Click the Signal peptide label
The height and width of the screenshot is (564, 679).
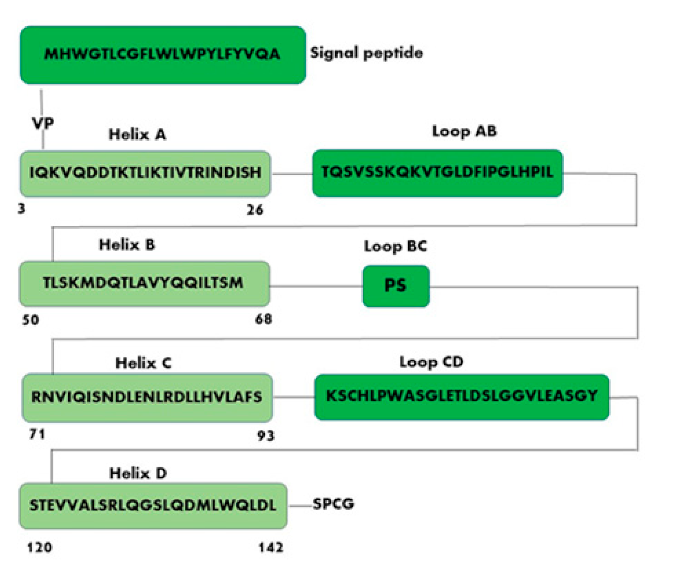[367, 53]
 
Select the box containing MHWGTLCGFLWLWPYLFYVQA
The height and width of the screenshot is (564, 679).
[163, 55]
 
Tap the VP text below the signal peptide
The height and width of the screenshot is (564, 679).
[43, 123]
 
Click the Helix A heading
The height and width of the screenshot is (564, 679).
[137, 135]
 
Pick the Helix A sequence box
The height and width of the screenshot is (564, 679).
[145, 173]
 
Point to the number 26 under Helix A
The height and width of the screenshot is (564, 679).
[255, 210]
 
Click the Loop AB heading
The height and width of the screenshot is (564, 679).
[464, 131]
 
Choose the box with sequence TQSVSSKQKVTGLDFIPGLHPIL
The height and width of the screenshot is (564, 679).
[438, 173]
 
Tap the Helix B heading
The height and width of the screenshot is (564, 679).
[127, 244]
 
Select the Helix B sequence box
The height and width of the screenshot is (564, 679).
[144, 283]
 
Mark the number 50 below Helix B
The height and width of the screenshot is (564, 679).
[31, 320]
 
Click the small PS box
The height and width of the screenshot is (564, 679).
[396, 286]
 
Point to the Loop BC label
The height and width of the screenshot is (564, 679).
[396, 246]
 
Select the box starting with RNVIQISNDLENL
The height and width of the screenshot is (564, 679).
[147, 397]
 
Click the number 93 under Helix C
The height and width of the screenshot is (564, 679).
[266, 435]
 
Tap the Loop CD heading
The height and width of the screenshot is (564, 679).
[431, 362]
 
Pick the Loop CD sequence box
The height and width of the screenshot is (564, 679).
[461, 396]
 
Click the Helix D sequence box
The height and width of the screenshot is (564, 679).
[153, 506]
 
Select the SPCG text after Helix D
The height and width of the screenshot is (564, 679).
[333, 504]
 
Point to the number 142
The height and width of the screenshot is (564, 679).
[271, 547]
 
